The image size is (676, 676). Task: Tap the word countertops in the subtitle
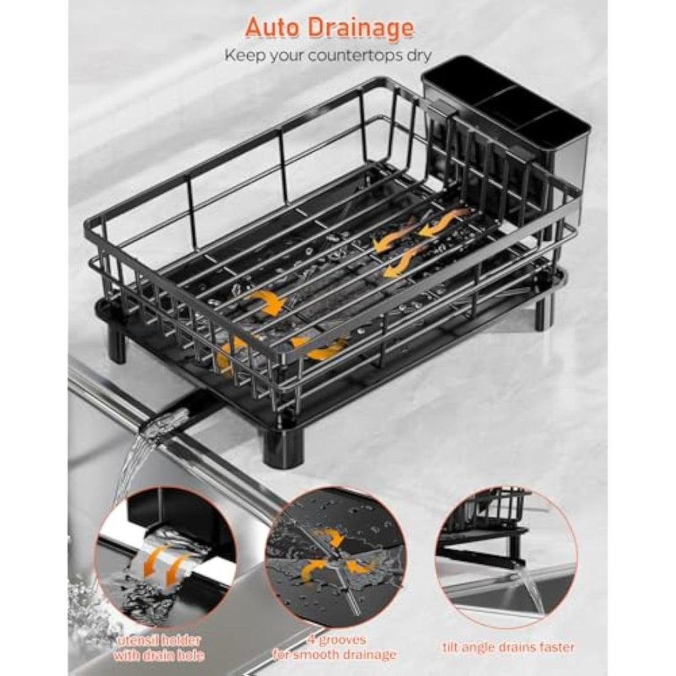[338, 56]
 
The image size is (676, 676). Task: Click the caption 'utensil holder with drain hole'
[158, 648]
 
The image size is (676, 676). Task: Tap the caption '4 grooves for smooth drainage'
[335, 647]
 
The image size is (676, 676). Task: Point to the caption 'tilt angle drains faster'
[509, 647]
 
